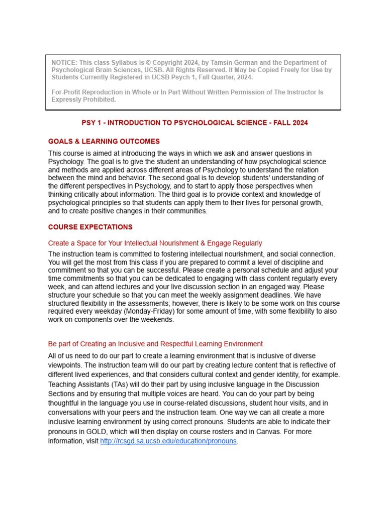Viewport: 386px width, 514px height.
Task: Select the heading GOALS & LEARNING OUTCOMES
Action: point(104,142)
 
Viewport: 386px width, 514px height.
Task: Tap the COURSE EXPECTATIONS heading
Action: point(90,227)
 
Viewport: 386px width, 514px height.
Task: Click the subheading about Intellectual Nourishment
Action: point(155,243)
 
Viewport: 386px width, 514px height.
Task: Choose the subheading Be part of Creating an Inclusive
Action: point(155,344)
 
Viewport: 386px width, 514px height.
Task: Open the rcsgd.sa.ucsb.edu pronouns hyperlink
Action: point(168,441)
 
